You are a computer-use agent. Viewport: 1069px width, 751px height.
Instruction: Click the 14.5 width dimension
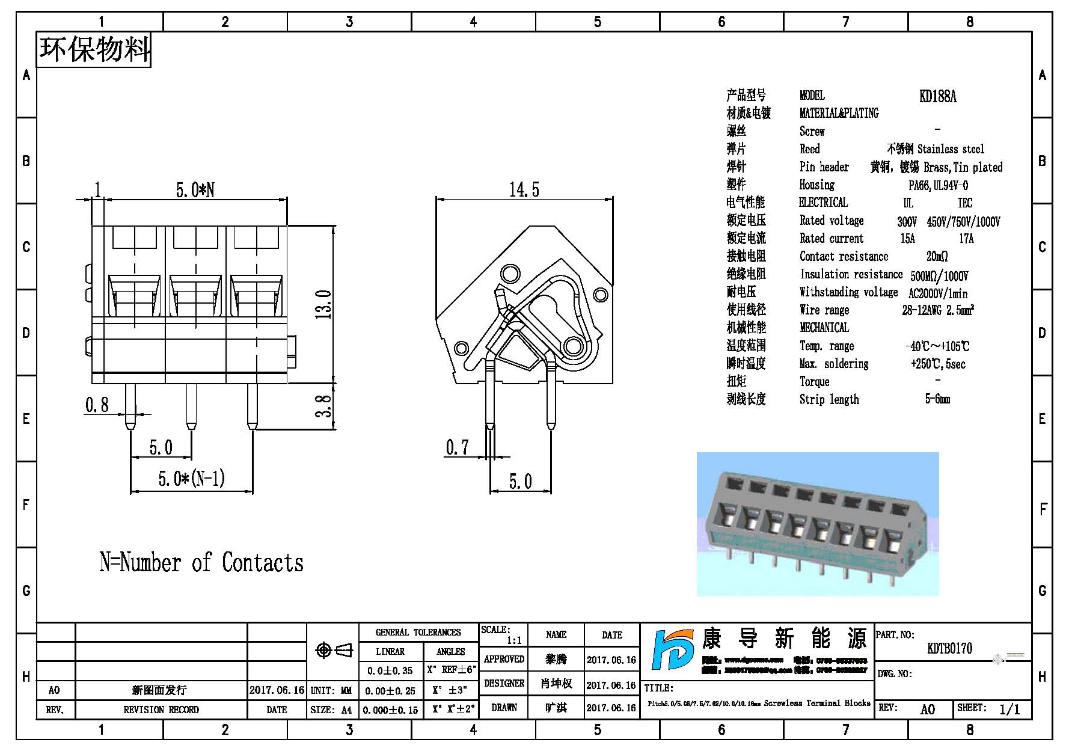click(x=524, y=190)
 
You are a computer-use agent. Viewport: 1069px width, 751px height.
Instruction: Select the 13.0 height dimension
click(x=323, y=304)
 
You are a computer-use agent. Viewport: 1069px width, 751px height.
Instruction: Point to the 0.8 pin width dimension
click(x=97, y=405)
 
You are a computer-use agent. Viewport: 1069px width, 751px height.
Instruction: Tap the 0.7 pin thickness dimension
click(x=457, y=447)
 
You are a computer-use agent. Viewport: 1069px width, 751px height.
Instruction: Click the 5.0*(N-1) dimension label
click(x=191, y=479)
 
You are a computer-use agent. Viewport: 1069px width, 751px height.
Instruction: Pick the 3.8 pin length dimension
click(x=323, y=406)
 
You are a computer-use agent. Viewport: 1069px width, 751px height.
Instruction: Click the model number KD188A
click(x=937, y=96)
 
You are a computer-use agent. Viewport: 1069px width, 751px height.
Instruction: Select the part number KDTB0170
click(x=949, y=648)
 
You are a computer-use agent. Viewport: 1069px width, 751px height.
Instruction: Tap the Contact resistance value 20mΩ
click(x=937, y=257)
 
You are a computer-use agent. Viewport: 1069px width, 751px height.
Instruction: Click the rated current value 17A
click(x=966, y=239)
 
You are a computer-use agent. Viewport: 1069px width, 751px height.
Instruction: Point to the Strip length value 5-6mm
click(x=937, y=399)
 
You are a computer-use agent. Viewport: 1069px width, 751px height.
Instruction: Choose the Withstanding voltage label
click(x=848, y=292)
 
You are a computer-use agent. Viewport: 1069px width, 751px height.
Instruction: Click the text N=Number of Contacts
click(x=201, y=563)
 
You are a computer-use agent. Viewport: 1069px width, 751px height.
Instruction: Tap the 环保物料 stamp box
click(x=94, y=49)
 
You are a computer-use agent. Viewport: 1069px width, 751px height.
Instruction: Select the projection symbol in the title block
click(x=333, y=651)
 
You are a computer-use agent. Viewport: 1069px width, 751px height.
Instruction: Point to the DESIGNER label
click(x=504, y=684)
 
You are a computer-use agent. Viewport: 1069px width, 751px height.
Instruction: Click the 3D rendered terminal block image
click(x=817, y=524)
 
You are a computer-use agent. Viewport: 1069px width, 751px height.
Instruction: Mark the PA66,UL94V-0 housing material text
click(x=938, y=185)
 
